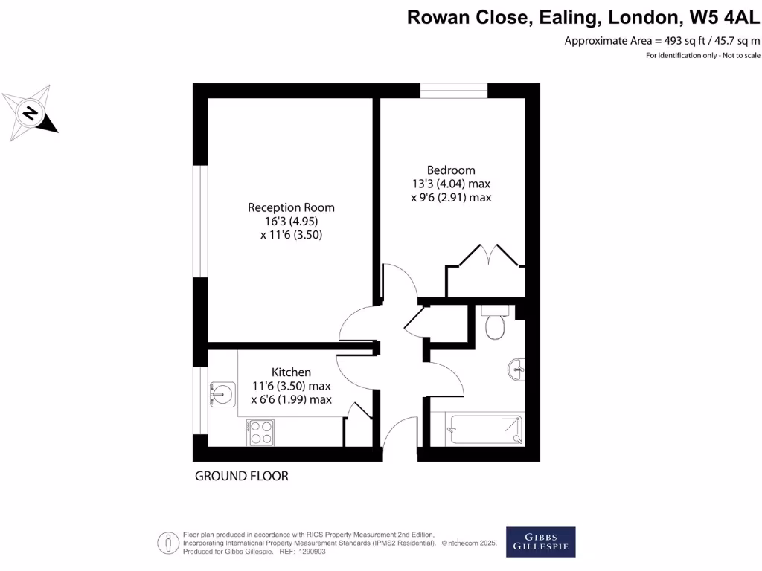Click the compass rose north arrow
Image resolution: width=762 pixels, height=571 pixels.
click(31, 113)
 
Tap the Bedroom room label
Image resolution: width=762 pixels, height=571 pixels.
click(451, 170)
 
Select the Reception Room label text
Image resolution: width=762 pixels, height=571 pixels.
click(291, 207)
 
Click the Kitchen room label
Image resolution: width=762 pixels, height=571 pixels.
click(291, 372)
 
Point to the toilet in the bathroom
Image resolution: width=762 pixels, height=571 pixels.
click(494, 325)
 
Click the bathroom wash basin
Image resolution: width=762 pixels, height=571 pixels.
click(516, 368)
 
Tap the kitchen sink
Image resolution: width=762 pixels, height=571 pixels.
click(222, 393)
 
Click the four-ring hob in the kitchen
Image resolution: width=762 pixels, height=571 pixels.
click(260, 432)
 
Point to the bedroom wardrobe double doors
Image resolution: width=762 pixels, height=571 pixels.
click(490, 255)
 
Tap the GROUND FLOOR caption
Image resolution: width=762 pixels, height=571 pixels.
click(241, 476)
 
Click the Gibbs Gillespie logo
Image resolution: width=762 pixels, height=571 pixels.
click(540, 542)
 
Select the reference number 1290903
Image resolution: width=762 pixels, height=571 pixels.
click(310, 552)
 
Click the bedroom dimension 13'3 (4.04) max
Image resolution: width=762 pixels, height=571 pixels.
click(451, 184)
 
